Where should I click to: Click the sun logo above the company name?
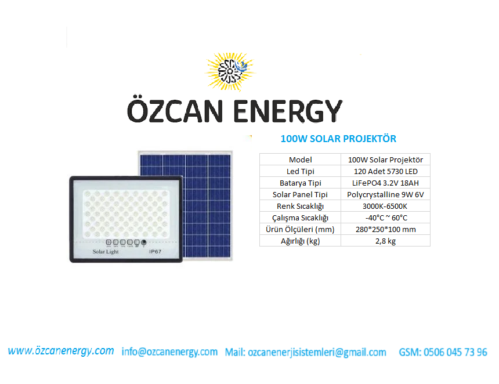(230, 72)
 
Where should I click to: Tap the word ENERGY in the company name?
(288, 111)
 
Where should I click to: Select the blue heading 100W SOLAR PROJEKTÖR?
(338, 139)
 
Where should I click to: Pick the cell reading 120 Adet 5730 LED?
(385, 172)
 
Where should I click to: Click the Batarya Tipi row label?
(300, 183)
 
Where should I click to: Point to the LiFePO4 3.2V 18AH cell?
(385, 183)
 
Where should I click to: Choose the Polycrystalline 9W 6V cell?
(385, 195)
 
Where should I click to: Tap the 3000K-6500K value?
(385, 207)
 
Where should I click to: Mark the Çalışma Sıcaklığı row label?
(300, 218)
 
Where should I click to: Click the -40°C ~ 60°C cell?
(386, 218)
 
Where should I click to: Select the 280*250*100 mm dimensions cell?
(385, 229)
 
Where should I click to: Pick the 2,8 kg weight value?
(385, 241)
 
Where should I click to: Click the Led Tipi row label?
(300, 172)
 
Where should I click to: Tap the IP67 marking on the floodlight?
(155, 252)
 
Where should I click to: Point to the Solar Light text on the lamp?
(106, 252)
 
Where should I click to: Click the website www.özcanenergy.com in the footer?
(61, 351)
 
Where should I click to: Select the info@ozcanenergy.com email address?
(169, 352)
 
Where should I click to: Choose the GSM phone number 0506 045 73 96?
(443, 352)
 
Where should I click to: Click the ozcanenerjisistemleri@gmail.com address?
(317, 353)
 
